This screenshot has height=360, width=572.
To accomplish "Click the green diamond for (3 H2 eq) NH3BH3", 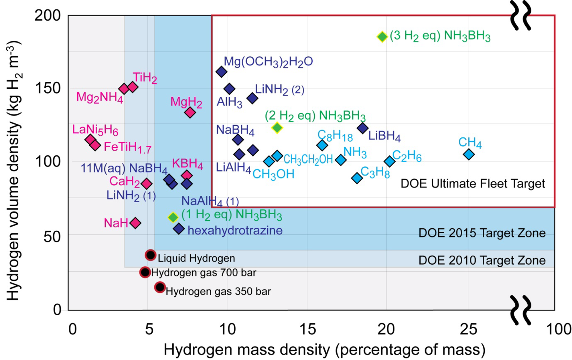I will [382, 37].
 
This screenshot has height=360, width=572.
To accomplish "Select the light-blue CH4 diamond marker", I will [469, 155].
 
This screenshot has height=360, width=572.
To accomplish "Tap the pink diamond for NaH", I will [135, 223].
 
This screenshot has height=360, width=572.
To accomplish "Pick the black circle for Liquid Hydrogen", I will [151, 255].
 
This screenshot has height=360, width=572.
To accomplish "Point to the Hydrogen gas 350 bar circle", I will [160, 287].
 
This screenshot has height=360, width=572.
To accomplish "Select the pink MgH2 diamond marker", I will [190, 112].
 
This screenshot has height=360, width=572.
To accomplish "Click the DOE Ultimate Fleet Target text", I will [473, 184].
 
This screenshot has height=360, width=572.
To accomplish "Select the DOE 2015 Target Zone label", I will [482, 233].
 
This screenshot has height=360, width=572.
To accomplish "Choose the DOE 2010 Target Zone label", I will [482, 260].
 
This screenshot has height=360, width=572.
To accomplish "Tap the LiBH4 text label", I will [384, 136].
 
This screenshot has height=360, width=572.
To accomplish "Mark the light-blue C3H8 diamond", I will [357, 178].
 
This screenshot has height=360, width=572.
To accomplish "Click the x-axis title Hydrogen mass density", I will [324, 350].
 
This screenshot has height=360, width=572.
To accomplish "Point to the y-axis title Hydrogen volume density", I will [13, 170].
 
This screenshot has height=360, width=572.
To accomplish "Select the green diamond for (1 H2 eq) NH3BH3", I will [173, 217].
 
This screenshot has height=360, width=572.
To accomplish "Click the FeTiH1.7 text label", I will [127, 147].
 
